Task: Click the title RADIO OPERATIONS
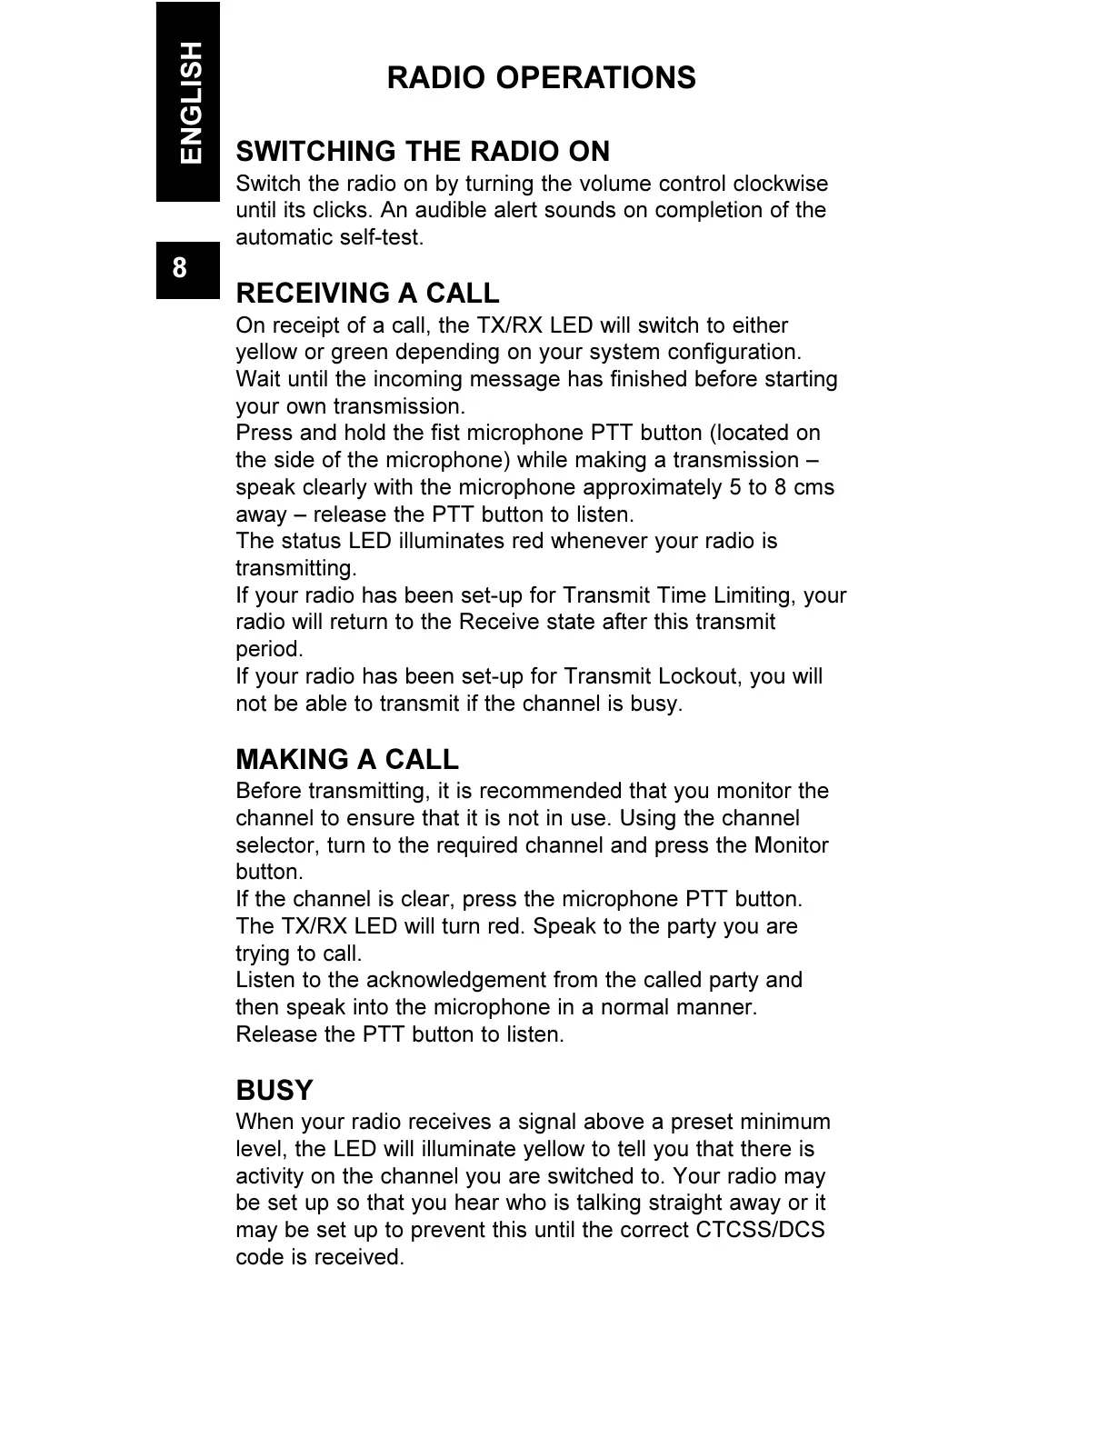[x=541, y=78]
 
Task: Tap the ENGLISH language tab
[x=190, y=102]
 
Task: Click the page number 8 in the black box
[x=180, y=268]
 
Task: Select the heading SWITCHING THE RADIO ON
[x=423, y=151]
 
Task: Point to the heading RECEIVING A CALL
[x=367, y=294]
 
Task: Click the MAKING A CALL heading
[x=347, y=759]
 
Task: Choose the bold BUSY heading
[x=274, y=1090]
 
